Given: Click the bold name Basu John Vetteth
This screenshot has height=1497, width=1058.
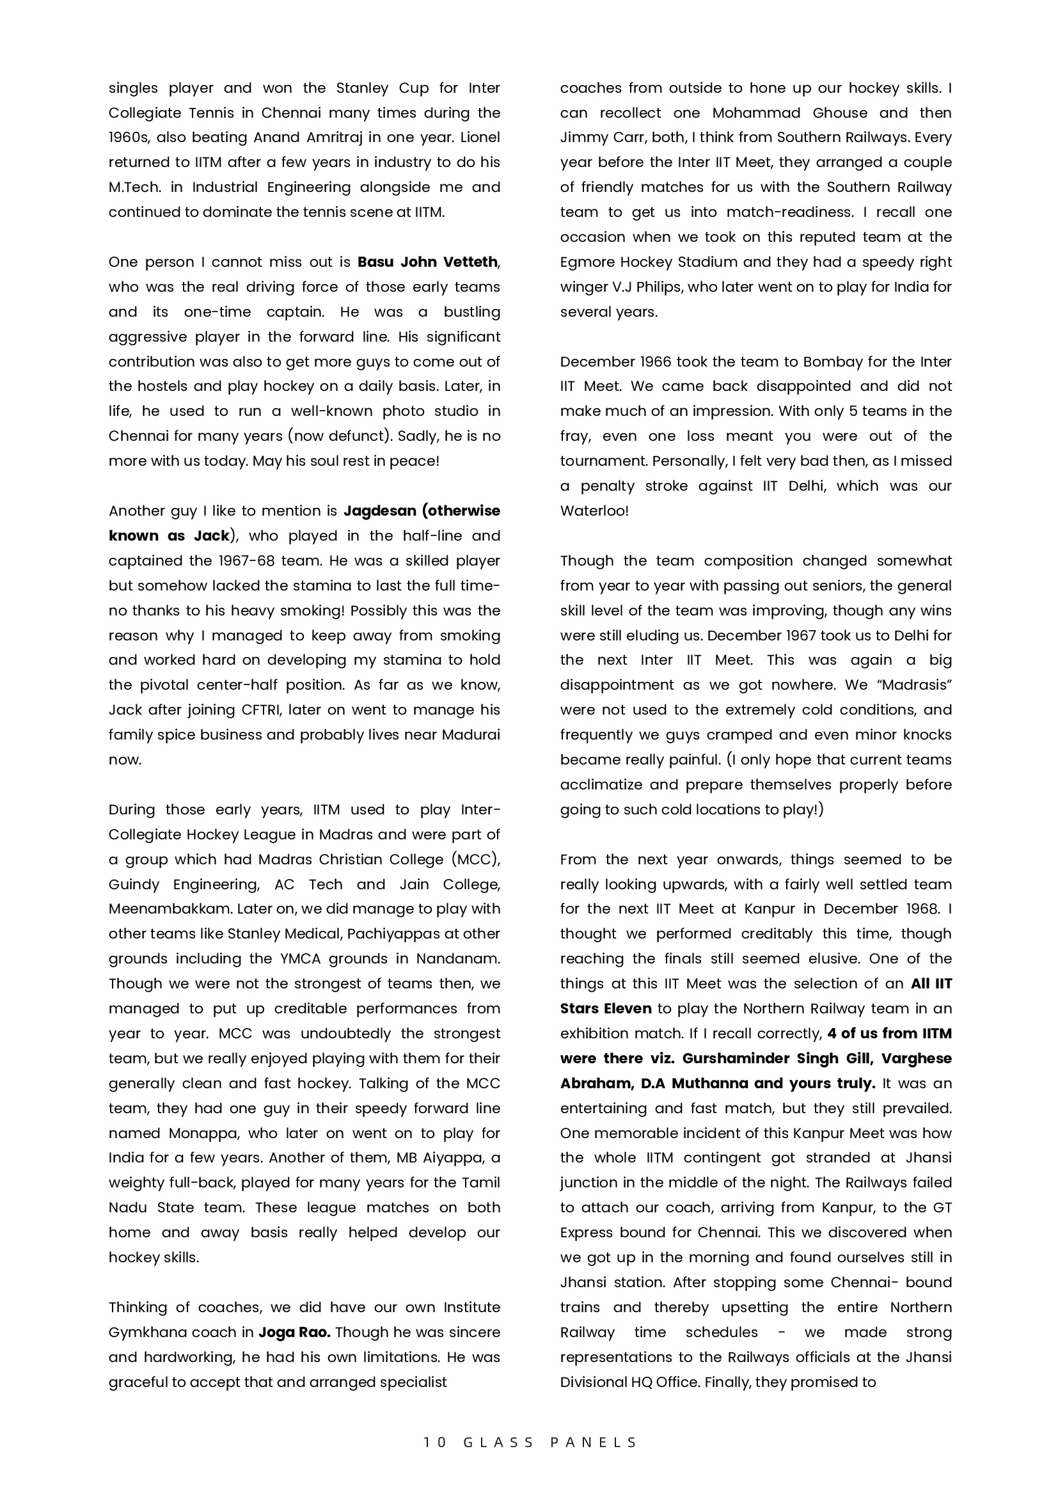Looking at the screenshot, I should tap(427, 262).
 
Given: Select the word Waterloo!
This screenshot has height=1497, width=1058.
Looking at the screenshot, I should tap(594, 511).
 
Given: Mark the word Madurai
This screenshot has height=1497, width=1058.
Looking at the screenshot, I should tap(471, 735).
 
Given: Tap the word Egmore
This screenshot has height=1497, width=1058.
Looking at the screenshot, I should tap(590, 262).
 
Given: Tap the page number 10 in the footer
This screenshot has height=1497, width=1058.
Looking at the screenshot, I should tap(435, 1443).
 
